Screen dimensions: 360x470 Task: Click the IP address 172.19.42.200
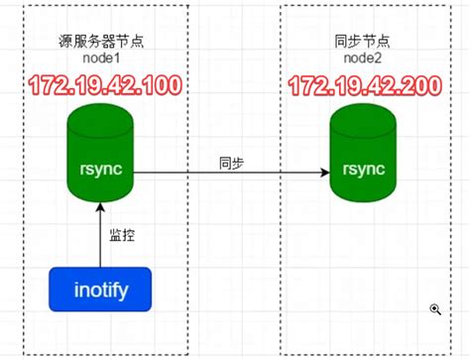(364, 84)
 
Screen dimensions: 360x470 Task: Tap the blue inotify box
(99, 290)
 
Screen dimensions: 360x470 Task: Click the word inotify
(99, 290)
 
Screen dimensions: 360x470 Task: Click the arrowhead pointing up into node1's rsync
(99, 204)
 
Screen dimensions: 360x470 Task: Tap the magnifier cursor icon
(434, 309)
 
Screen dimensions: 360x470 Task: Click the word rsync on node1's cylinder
(99, 169)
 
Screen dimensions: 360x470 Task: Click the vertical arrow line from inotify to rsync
(99, 238)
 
